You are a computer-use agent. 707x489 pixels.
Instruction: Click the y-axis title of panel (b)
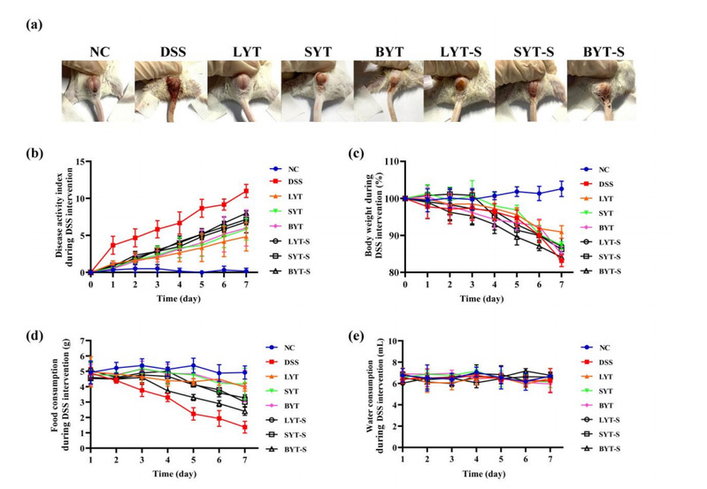point(58,216)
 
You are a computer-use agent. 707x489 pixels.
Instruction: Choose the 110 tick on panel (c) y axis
point(392,162)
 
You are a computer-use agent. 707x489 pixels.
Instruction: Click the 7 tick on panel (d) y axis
point(83,341)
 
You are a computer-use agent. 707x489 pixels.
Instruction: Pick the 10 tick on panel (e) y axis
point(392,341)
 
